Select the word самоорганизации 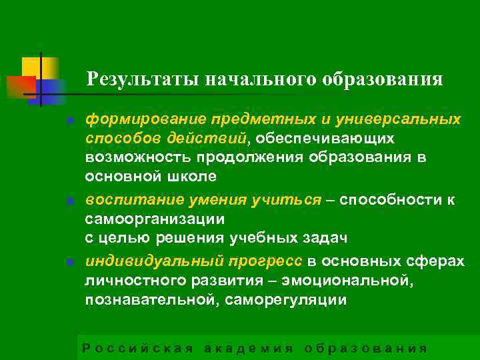pos(155,219)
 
